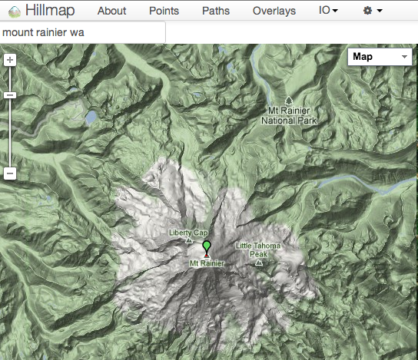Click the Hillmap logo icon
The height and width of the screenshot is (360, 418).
pos(12,11)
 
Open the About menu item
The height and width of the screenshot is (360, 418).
pos(111,11)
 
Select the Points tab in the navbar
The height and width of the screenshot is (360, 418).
pos(164,11)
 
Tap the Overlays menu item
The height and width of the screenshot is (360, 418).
pos(274,11)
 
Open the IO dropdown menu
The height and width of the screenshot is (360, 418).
pos(328,11)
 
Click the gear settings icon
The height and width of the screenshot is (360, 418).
pos(371,11)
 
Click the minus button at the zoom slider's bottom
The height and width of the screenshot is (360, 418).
pos(10,173)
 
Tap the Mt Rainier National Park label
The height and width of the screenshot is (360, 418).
pos(289,116)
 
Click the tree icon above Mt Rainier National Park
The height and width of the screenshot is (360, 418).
pos(288,101)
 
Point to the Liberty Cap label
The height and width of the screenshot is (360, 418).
pos(188,233)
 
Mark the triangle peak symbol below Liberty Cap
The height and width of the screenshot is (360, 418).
pos(189,240)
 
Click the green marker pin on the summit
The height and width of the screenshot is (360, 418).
pos(206,246)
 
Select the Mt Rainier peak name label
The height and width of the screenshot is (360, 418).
pos(207,263)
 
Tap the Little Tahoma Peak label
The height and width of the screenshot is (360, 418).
pos(258,249)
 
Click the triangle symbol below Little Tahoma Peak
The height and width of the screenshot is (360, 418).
pos(258,263)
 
